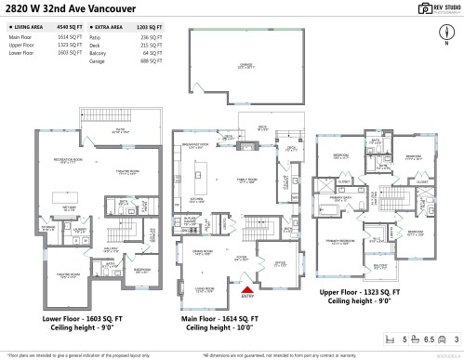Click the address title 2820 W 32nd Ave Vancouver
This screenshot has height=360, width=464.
click(69, 8)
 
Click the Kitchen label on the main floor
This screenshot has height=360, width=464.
click(198, 199)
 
